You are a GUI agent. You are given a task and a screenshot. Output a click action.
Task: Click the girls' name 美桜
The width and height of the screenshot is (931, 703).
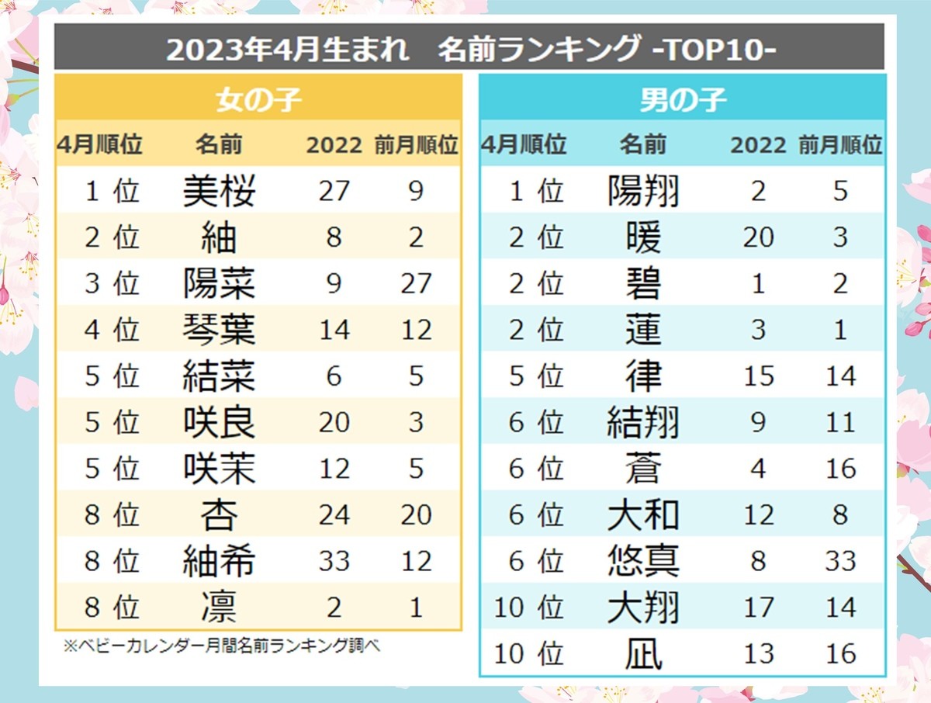click(219, 192)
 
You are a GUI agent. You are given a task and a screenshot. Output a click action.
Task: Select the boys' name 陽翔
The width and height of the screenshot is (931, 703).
click(643, 192)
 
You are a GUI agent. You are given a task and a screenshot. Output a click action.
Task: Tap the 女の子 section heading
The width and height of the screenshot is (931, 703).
click(258, 99)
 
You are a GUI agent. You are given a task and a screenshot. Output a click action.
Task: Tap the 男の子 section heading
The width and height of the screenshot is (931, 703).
click(682, 99)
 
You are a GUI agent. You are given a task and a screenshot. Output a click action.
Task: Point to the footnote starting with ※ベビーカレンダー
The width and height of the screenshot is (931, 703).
click(222, 646)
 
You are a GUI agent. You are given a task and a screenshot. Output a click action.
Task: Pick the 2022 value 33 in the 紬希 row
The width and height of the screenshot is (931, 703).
click(334, 561)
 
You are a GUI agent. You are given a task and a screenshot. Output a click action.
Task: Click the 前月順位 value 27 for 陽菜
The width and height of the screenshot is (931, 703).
click(416, 284)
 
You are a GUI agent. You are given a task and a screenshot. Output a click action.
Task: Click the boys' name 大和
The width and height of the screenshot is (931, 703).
click(643, 515)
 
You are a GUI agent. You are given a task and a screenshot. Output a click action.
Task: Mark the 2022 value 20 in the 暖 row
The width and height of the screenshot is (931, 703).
click(758, 238)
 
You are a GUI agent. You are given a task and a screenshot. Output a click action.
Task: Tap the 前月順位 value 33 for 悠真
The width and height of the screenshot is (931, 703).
click(840, 561)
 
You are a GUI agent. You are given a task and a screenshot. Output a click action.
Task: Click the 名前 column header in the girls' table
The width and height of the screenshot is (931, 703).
click(219, 144)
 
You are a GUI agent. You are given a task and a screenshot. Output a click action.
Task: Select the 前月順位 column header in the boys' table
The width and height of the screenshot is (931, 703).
click(840, 144)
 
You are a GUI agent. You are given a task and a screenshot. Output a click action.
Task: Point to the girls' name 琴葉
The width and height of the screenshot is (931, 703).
click(219, 331)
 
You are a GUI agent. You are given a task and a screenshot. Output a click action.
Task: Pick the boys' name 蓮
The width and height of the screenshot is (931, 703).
click(643, 331)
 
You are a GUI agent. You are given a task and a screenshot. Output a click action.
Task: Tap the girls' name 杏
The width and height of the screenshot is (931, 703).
click(219, 515)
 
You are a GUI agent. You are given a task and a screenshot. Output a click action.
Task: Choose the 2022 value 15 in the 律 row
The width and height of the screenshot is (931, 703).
click(758, 376)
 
